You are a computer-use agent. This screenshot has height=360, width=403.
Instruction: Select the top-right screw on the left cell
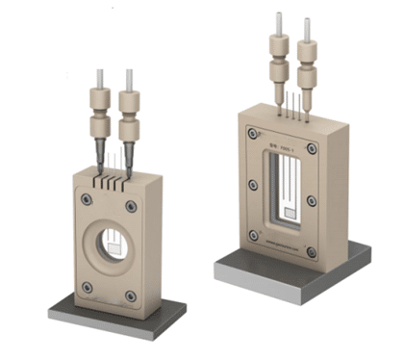coord(133,205)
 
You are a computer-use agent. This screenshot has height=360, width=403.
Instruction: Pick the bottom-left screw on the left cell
coord(88,286)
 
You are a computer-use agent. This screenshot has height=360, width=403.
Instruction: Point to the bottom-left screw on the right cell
coord(251,233)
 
